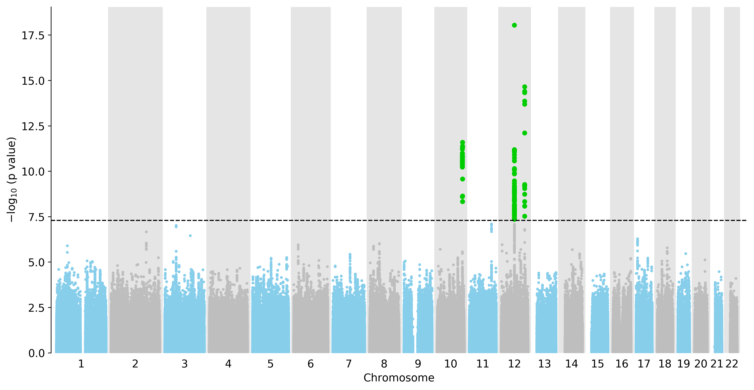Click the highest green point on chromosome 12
coord(514,25)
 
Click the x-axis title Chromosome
coord(399,378)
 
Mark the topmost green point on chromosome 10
coord(462,142)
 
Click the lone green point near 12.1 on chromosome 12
coord(525,133)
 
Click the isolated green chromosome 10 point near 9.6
coord(462,179)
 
